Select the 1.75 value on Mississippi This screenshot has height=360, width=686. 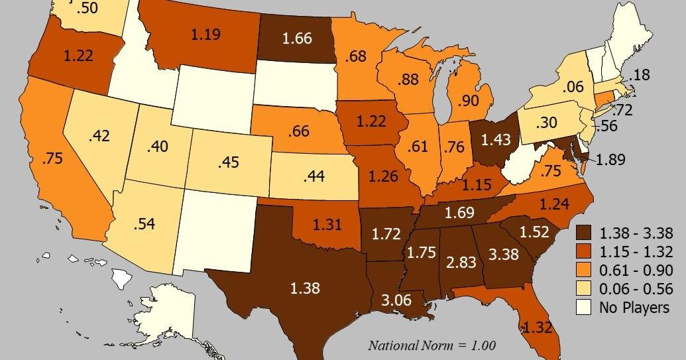click(x=422, y=253)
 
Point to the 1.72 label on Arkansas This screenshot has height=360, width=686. click(x=385, y=233)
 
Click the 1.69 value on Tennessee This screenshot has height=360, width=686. click(x=458, y=213)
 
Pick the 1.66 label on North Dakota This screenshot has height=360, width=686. click(x=296, y=39)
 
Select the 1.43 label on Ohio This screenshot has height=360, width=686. click(x=496, y=139)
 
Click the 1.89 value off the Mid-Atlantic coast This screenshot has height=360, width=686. click(x=612, y=160)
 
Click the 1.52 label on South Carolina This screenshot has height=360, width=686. click(x=534, y=232)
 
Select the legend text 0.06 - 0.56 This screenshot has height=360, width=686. click(x=636, y=289)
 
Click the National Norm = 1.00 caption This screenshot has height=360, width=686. click(x=432, y=345)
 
